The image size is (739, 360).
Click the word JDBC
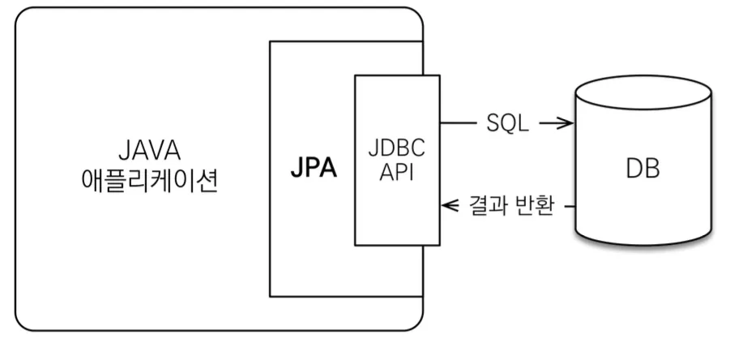pos(396,152)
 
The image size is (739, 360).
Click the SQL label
pos(507,123)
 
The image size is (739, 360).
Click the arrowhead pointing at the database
pos(569,123)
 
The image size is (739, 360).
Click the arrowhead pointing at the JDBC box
pos(446,207)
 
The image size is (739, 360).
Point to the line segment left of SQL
pos(458,123)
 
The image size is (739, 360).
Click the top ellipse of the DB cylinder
pos(643,88)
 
